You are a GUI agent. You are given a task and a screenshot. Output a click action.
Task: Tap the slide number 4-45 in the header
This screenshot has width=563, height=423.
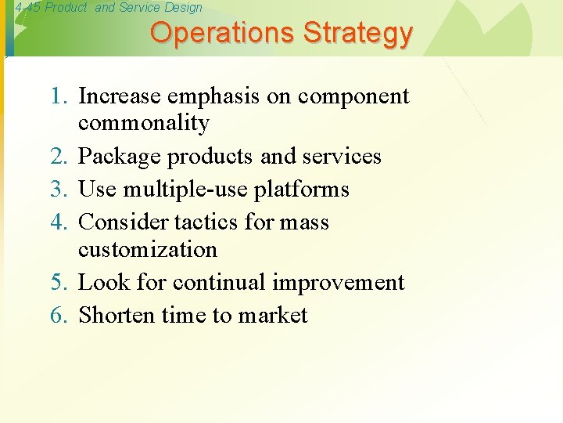(x=27, y=8)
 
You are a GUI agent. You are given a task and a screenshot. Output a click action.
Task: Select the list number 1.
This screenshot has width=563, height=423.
(x=59, y=96)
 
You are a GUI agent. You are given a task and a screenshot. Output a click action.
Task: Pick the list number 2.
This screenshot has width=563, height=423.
(x=59, y=157)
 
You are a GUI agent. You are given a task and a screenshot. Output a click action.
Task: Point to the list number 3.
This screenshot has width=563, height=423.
(x=59, y=190)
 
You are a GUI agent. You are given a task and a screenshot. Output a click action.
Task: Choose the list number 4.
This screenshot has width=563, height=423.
(x=59, y=222)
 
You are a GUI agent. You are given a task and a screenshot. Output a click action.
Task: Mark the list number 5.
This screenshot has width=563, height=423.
(x=59, y=282)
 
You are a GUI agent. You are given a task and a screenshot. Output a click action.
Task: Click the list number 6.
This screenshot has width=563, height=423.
(x=59, y=316)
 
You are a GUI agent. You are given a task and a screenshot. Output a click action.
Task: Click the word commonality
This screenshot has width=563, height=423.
(x=144, y=124)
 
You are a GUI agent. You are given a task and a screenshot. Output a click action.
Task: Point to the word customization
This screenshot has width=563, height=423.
(x=148, y=250)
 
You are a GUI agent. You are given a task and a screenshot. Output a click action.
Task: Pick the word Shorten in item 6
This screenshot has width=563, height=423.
(x=117, y=316)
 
